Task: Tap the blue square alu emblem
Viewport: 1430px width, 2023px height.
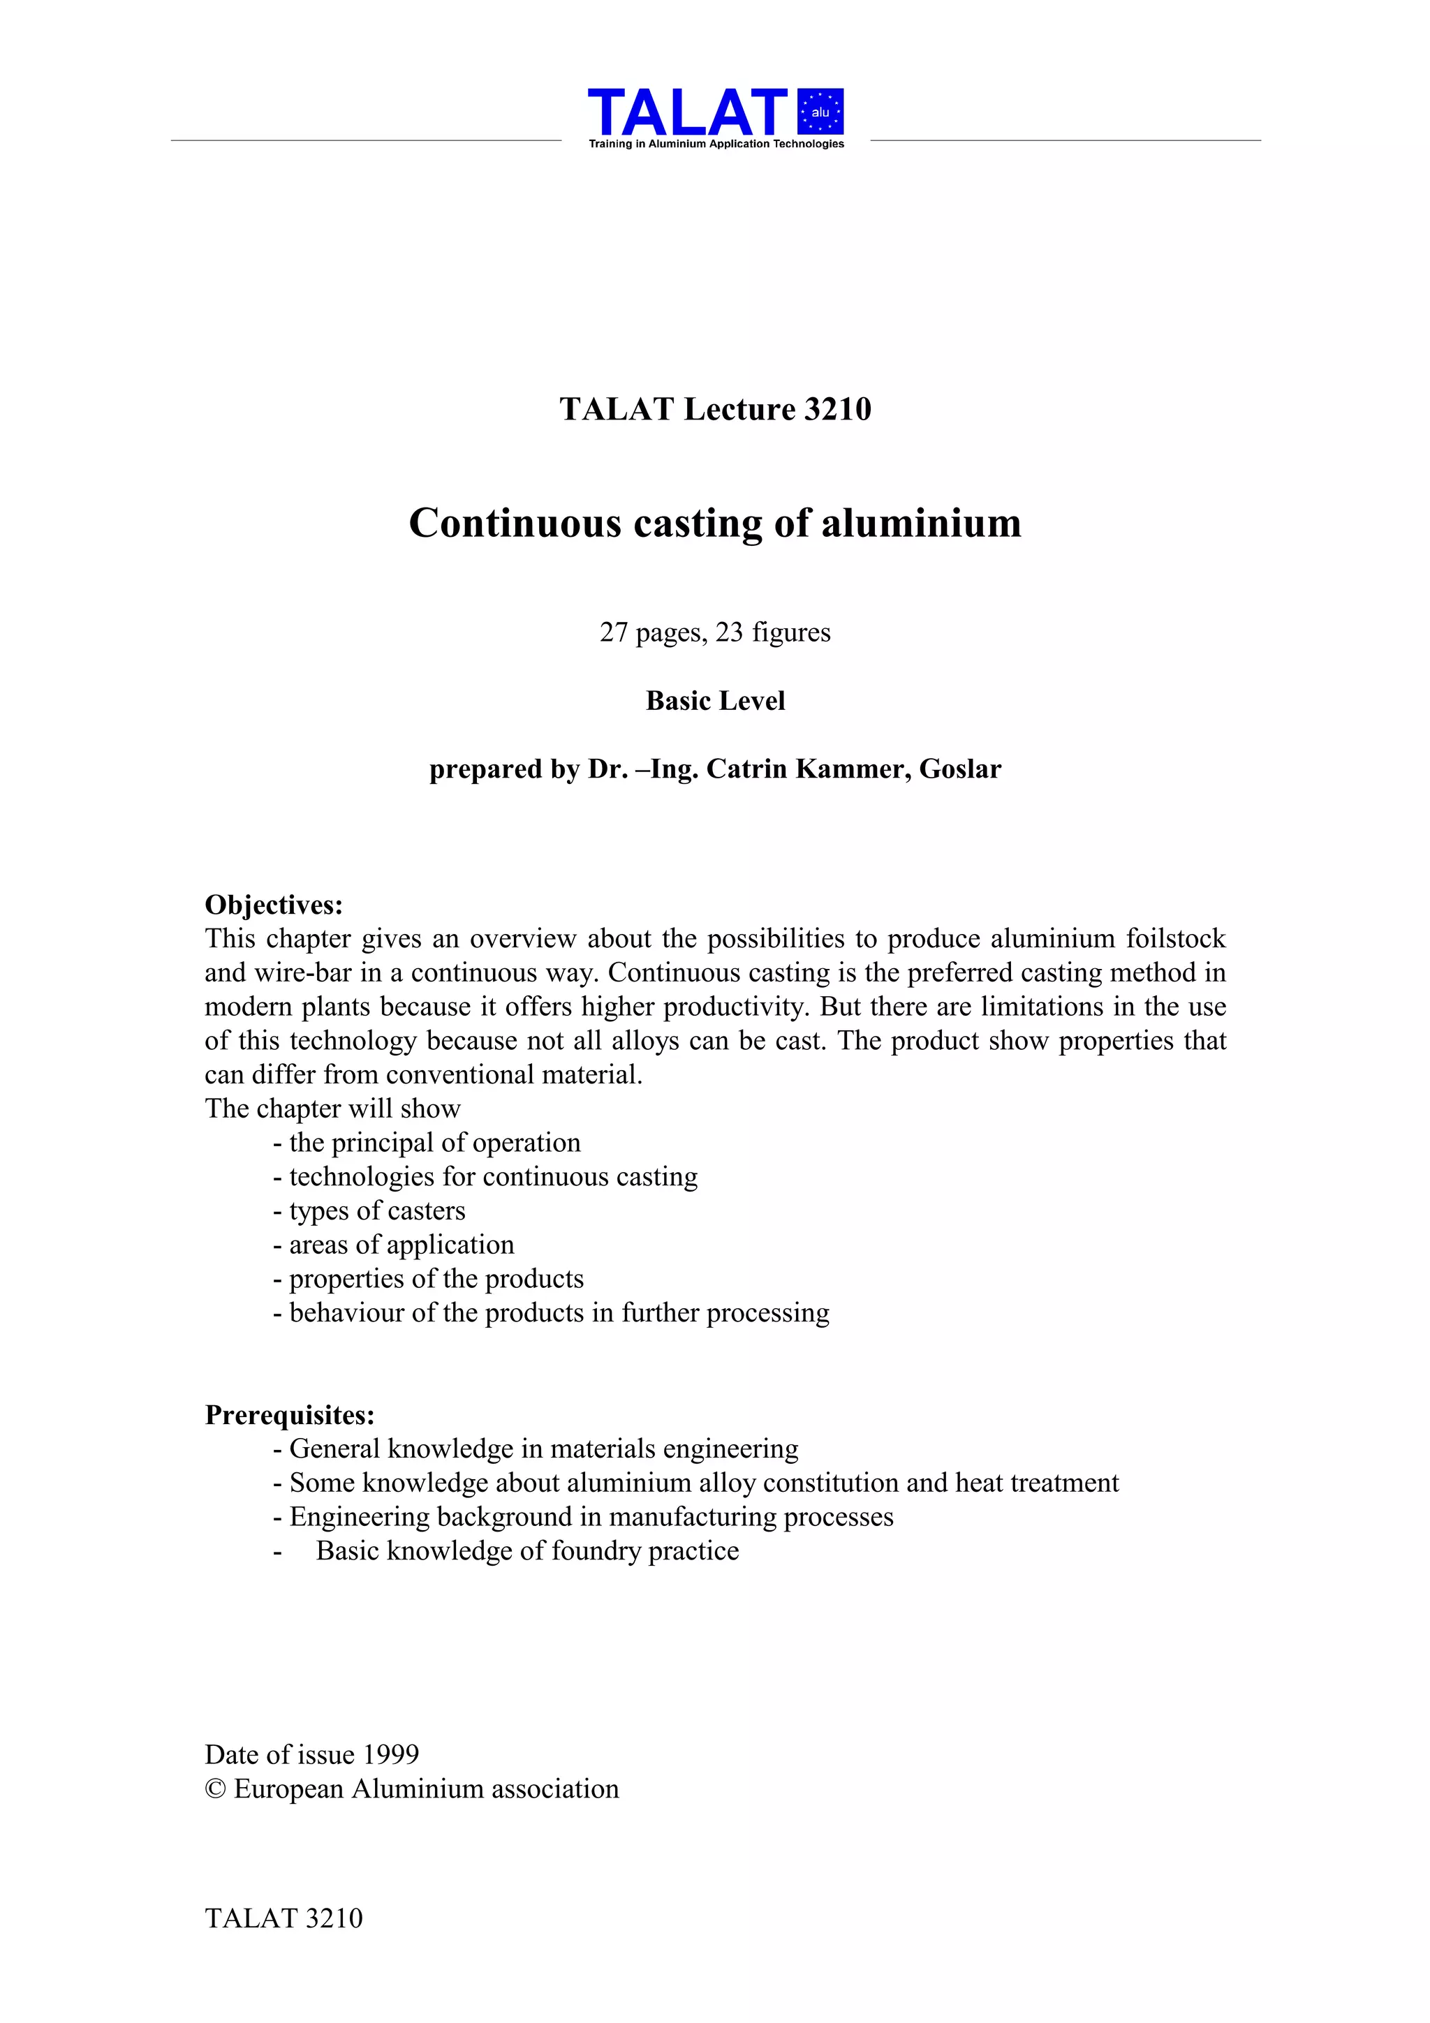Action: (x=820, y=112)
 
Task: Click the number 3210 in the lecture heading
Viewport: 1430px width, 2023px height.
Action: (x=837, y=410)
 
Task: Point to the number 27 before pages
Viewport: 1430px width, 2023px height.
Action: (x=613, y=632)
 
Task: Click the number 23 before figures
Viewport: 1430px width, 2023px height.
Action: (x=730, y=632)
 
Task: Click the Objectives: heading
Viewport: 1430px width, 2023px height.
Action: (x=274, y=905)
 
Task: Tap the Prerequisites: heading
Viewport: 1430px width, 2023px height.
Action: (x=290, y=1416)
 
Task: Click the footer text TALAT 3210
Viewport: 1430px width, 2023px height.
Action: (x=283, y=1918)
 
